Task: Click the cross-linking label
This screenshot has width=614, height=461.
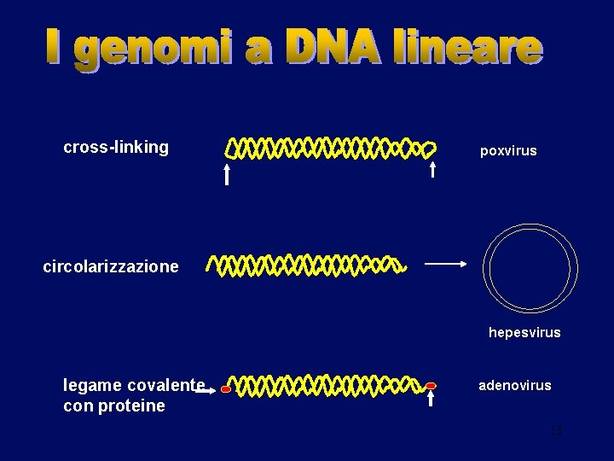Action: [116, 147]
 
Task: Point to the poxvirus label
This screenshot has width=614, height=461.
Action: [508, 151]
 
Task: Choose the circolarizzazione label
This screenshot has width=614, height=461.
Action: [111, 266]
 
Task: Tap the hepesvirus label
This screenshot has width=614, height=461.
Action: [524, 332]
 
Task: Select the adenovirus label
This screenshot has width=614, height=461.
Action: [515, 386]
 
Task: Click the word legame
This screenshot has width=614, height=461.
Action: [92, 385]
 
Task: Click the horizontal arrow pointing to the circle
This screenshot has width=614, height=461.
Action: [445, 265]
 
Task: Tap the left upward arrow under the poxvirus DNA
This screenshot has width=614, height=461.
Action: [227, 175]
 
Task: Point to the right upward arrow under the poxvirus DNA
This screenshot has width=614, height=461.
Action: [432, 169]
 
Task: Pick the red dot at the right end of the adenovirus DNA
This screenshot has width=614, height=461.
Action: [431, 386]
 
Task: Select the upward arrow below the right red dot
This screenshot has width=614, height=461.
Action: [431, 400]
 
